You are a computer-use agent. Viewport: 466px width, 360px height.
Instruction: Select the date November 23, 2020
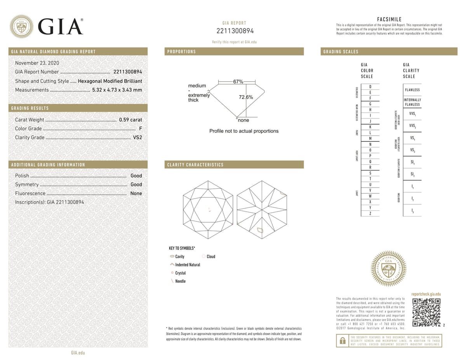point(38,63)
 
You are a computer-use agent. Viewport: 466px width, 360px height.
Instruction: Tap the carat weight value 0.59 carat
point(130,120)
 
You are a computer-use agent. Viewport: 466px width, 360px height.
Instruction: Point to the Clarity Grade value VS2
point(137,137)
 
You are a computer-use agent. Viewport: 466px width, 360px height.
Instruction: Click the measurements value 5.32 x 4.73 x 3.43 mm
point(116,90)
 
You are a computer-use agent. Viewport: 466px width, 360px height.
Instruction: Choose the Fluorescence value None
point(136,193)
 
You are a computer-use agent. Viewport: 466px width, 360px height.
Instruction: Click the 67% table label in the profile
point(238,82)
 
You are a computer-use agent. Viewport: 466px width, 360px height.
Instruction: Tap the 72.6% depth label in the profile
point(245,97)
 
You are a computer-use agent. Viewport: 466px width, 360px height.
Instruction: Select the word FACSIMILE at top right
point(389,19)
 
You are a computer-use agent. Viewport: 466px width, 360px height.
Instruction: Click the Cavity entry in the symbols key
point(179,257)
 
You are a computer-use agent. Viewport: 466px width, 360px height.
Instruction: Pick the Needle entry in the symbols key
point(180,281)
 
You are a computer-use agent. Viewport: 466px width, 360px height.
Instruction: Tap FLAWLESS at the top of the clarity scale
point(412,90)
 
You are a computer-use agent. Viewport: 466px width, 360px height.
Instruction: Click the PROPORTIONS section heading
point(181,52)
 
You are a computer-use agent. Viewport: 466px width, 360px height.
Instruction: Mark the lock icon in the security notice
point(343,341)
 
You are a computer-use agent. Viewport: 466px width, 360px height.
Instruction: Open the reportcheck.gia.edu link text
point(426,294)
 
